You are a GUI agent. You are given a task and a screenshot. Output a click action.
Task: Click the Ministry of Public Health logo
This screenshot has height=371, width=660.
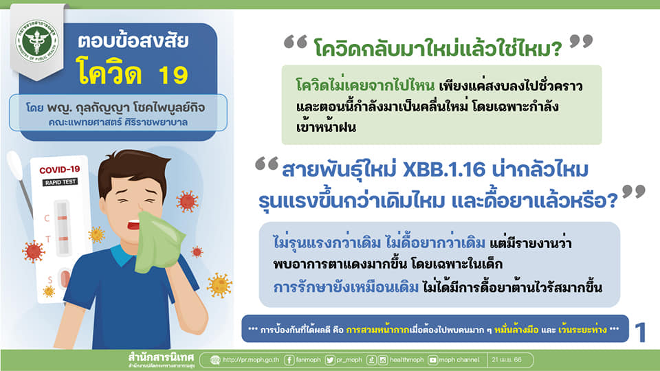36,41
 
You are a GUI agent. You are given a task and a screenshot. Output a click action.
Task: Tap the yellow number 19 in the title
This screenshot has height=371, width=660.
173,76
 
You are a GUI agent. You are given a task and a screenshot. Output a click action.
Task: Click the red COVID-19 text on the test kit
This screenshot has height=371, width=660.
59,170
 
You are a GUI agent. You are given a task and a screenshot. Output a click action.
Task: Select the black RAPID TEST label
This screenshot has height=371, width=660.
60,182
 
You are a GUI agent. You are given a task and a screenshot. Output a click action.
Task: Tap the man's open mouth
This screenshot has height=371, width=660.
134,225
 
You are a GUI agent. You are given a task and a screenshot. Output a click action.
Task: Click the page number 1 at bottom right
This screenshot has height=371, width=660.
640,333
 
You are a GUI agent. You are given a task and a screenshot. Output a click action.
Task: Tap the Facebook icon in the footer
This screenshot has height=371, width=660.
289,360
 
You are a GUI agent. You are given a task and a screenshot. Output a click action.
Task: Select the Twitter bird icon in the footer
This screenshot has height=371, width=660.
330,360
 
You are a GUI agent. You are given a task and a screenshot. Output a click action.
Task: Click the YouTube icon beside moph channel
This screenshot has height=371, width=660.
432,360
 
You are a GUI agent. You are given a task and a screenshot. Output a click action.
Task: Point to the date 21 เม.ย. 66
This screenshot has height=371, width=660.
507,359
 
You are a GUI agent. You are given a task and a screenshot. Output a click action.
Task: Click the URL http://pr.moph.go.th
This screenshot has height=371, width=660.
251,359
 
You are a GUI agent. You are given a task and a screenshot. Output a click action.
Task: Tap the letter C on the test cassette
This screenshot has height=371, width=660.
47,218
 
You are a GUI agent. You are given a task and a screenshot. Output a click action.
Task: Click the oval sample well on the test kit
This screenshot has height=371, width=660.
65,278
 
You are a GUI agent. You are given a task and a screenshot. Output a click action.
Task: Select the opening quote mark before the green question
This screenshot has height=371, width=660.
296,43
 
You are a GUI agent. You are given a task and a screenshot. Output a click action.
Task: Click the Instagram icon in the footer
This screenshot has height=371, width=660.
383,360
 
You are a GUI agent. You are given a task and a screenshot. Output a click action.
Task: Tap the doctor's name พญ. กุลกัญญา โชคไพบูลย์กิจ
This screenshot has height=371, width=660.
126,108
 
